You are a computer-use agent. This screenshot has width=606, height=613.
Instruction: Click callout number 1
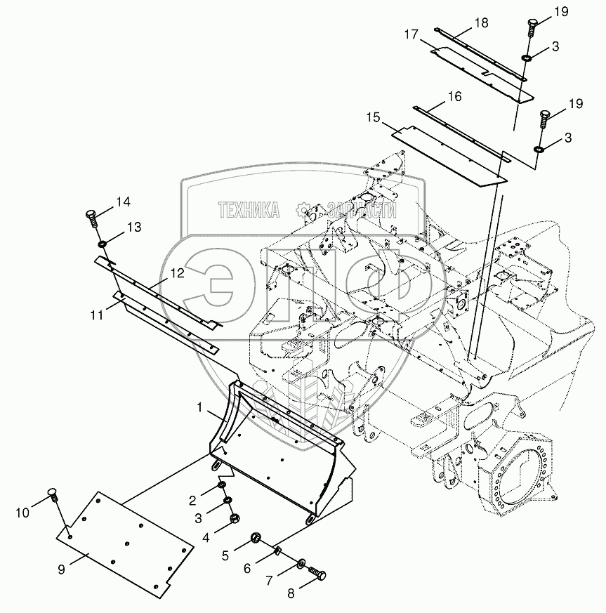[200, 407]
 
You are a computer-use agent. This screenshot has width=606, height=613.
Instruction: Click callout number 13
[133, 227]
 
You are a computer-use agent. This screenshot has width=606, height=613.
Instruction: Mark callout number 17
[411, 34]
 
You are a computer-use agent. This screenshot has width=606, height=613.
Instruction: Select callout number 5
[225, 555]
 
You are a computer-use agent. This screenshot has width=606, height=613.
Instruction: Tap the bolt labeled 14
[91, 217]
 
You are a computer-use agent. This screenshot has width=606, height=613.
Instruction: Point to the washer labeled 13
[102, 243]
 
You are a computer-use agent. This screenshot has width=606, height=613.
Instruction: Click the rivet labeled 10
[53, 494]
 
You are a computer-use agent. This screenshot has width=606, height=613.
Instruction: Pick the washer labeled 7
[301, 562]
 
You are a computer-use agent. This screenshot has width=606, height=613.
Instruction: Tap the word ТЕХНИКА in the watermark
[249, 209]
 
